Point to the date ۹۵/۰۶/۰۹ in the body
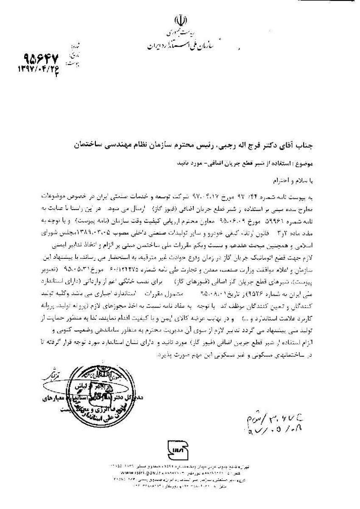click(243, 221)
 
